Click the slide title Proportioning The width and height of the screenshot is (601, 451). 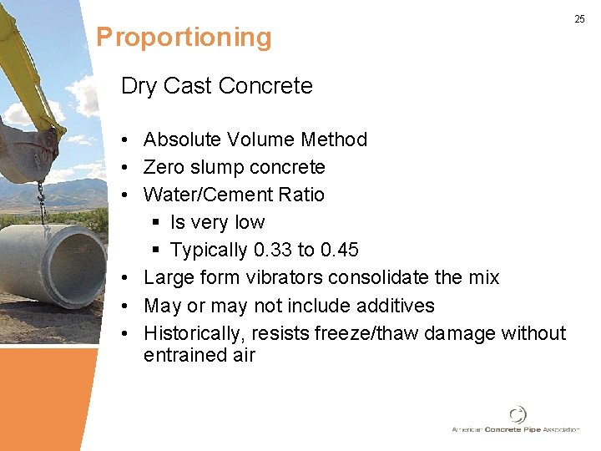(x=184, y=38)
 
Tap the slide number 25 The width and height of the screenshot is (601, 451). (x=579, y=18)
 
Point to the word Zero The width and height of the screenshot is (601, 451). (x=163, y=167)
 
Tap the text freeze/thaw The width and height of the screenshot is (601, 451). (x=367, y=333)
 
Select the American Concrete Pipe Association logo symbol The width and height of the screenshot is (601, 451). (x=518, y=414)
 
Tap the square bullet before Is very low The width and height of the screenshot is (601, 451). (x=156, y=223)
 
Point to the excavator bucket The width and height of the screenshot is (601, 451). (x=29, y=150)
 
